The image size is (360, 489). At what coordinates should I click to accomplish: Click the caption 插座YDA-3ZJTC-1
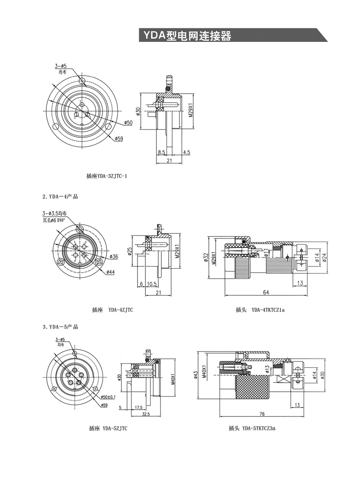click(107, 176)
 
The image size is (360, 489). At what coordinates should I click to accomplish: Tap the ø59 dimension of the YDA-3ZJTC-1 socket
click(119, 138)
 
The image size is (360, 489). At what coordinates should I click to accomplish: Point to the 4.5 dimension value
click(187, 152)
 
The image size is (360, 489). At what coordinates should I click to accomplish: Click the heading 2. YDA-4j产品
click(60, 197)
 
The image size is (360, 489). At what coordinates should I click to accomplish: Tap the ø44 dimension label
click(111, 272)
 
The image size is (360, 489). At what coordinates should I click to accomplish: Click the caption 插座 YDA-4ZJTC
click(112, 310)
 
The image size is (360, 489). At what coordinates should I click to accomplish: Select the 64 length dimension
click(266, 293)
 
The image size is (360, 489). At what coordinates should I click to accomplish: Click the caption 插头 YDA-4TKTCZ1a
click(261, 310)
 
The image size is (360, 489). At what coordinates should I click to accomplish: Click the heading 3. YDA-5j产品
click(60, 327)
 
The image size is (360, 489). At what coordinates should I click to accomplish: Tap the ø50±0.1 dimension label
click(108, 397)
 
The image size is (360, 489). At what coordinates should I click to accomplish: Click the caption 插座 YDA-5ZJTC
click(108, 429)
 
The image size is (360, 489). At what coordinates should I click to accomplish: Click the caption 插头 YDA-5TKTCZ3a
click(252, 429)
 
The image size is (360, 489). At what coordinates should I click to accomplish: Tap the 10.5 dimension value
click(152, 285)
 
